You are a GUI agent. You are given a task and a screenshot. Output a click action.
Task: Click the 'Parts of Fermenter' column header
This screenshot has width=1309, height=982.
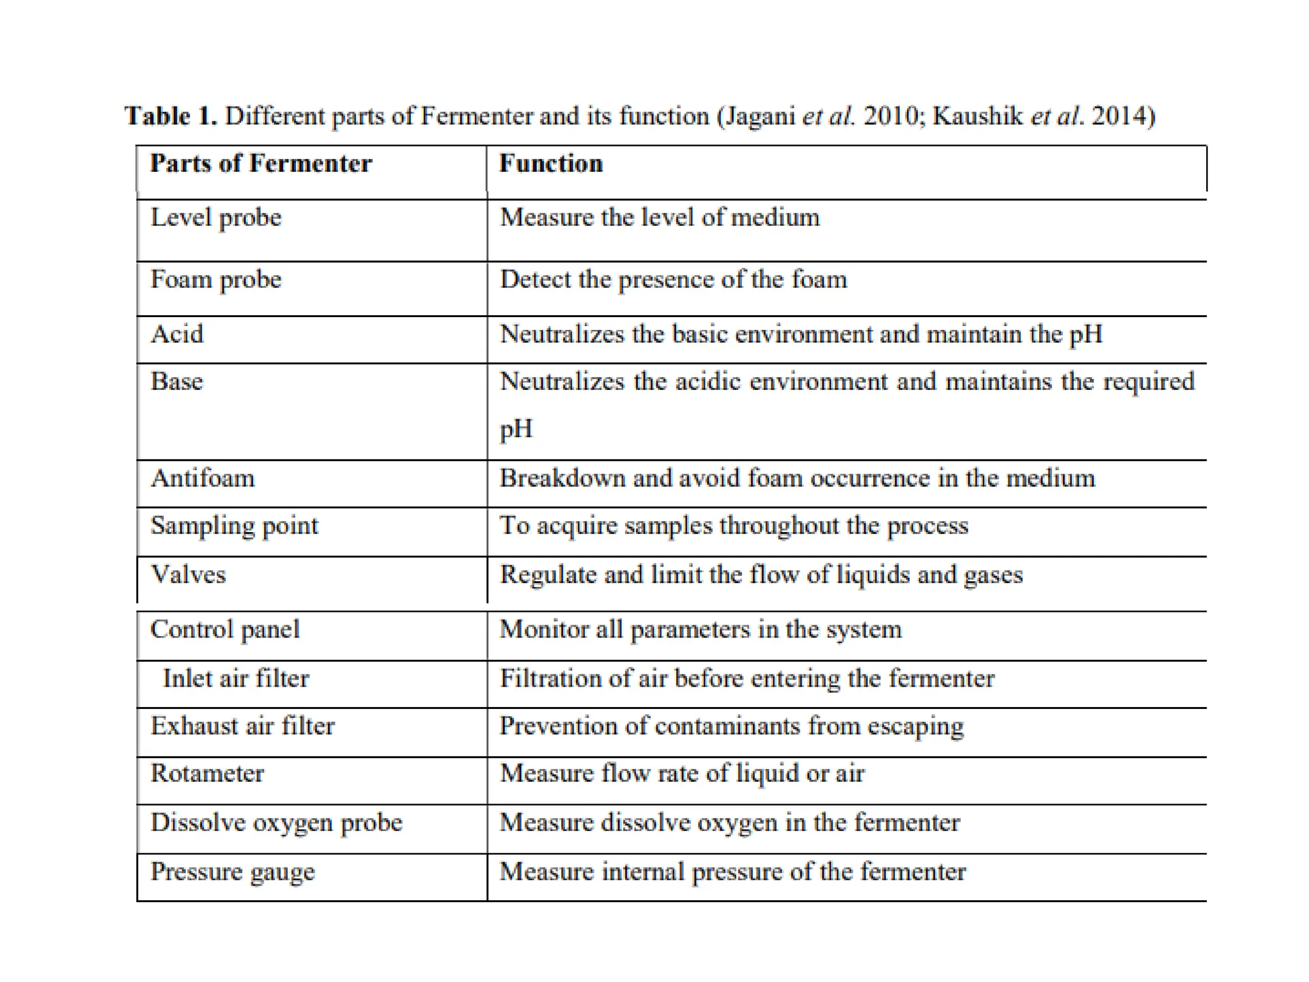pyautogui.click(x=261, y=164)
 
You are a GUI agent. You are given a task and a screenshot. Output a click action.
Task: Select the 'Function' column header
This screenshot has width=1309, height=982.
pyautogui.click(x=550, y=164)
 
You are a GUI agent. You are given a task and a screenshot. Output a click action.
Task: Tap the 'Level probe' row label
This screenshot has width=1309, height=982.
pyautogui.click(x=216, y=218)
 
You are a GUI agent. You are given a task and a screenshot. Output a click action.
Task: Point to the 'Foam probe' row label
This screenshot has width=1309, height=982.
pyautogui.click(x=216, y=280)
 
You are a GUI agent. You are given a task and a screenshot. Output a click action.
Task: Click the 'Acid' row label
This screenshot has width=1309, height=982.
pyautogui.click(x=177, y=334)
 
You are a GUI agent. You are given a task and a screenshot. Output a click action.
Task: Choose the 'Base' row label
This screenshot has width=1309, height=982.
pyautogui.click(x=177, y=382)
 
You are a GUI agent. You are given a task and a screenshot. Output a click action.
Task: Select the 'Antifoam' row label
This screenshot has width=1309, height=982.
pyautogui.click(x=203, y=478)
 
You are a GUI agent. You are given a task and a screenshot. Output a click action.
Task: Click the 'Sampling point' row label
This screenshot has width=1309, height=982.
pyautogui.click(x=234, y=526)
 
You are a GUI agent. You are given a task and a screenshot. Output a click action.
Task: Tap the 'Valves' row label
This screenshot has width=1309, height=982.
pyautogui.click(x=188, y=575)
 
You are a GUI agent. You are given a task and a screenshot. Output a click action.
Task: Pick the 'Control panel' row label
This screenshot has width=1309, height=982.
pyautogui.click(x=225, y=630)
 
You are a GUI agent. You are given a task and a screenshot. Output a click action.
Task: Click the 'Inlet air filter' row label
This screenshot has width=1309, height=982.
pyautogui.click(x=236, y=678)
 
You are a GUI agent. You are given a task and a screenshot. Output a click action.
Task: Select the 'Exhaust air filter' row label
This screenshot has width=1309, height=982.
pyautogui.click(x=242, y=726)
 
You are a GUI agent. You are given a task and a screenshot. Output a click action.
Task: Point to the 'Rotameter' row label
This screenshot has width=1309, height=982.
pyautogui.click(x=207, y=774)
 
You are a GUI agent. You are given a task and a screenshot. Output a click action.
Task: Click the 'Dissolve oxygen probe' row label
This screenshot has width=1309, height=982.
pyautogui.click(x=276, y=823)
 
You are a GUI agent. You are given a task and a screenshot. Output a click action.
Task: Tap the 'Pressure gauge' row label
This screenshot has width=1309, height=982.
pyautogui.click(x=233, y=872)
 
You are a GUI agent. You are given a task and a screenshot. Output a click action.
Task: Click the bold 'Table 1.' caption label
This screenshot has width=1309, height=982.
pyautogui.click(x=171, y=116)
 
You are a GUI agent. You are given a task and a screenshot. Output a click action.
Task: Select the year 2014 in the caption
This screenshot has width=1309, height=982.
pyautogui.click(x=1122, y=116)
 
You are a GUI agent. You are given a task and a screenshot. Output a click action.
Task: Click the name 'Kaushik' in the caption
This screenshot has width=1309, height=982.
pyautogui.click(x=977, y=116)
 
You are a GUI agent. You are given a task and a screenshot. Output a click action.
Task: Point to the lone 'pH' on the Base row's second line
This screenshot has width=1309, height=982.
pyautogui.click(x=516, y=429)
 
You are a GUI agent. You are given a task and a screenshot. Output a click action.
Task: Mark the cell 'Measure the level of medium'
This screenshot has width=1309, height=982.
pyautogui.click(x=659, y=218)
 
